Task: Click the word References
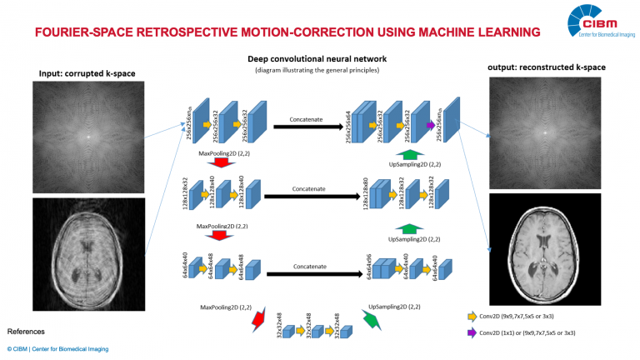click(x=26, y=331)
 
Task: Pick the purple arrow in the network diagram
click(x=431, y=125)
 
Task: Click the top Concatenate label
click(x=307, y=120)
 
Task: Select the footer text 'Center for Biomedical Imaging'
click(x=71, y=348)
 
